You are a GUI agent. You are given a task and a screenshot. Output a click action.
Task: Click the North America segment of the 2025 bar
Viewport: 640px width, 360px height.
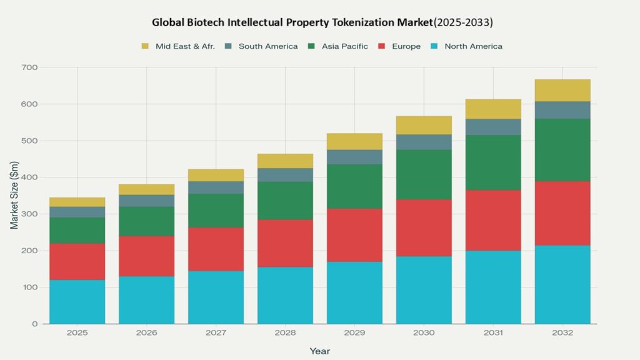(77, 302)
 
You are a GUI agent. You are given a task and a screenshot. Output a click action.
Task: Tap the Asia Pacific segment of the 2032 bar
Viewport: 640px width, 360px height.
(562, 150)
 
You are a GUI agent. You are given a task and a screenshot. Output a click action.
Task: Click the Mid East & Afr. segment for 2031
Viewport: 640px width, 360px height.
(493, 109)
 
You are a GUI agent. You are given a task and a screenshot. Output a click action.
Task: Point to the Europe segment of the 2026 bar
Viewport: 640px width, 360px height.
(147, 256)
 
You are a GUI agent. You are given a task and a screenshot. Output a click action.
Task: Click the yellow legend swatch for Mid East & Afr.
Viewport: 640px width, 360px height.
(146, 46)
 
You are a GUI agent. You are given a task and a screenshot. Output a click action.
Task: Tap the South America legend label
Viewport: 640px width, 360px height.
(268, 46)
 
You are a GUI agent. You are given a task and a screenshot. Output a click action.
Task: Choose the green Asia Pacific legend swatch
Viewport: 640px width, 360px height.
(312, 46)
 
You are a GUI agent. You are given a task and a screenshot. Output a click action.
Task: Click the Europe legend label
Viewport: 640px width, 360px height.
(406, 46)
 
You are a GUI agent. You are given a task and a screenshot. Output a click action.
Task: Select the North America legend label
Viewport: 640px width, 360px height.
(473, 46)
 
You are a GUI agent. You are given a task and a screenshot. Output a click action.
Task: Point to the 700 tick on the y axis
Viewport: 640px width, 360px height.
(29, 67)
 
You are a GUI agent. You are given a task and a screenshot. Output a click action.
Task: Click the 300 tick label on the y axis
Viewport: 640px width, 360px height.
(29, 214)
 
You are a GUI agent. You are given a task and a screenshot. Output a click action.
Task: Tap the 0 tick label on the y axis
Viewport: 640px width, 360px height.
(35, 324)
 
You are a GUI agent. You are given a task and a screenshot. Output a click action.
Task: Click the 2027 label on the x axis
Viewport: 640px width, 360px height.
(216, 333)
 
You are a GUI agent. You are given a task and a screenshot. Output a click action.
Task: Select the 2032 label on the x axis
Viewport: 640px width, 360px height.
(562, 333)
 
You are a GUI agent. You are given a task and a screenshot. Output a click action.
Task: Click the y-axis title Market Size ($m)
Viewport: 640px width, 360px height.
(14, 196)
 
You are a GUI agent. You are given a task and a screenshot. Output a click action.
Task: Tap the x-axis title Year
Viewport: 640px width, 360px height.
(319, 351)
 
